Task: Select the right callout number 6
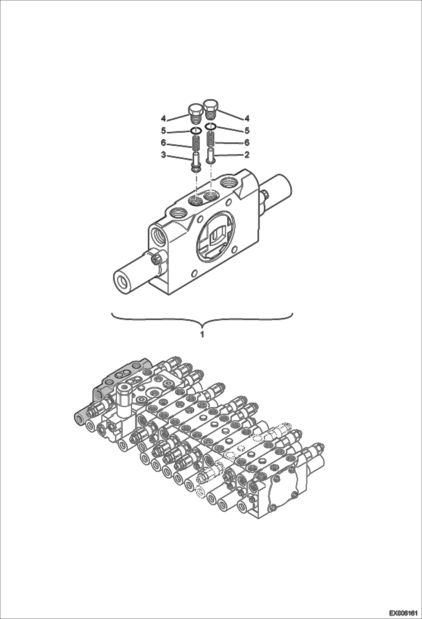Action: click(x=247, y=143)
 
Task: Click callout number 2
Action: click(x=247, y=155)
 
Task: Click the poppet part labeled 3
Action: click(x=196, y=161)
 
